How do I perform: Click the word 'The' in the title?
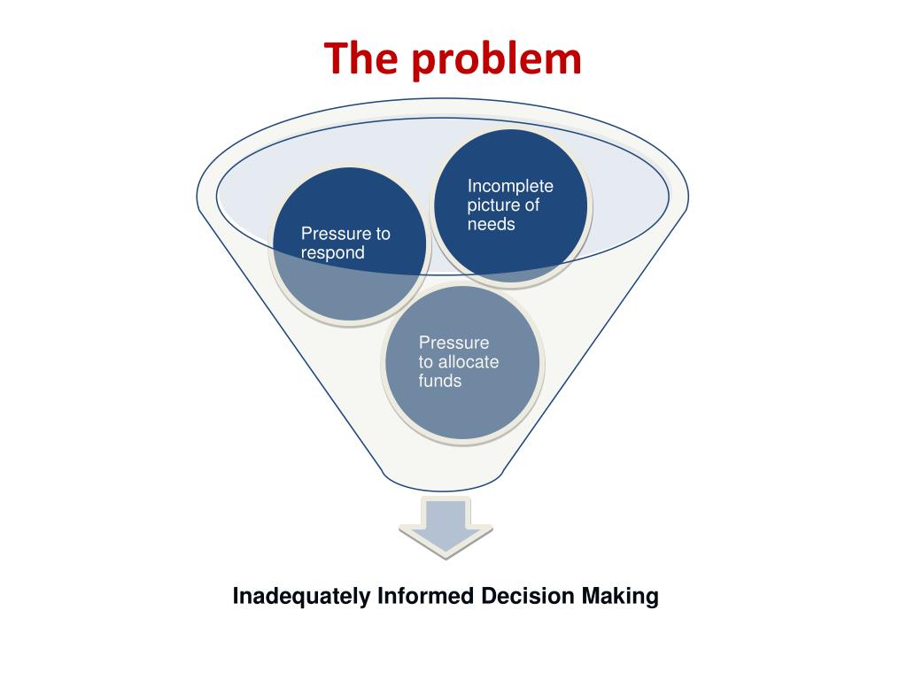pyautogui.click(x=360, y=58)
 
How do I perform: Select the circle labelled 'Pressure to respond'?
pyautogui.click(x=349, y=243)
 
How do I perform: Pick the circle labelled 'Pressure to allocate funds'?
pyautogui.click(x=462, y=362)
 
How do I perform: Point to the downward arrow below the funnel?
pyautogui.click(x=446, y=528)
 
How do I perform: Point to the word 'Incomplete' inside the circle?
pyautogui.click(x=510, y=186)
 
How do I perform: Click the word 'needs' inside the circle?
pyautogui.click(x=491, y=224)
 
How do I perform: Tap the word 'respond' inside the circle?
pyautogui.click(x=332, y=253)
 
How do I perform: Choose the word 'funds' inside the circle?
pyautogui.click(x=440, y=381)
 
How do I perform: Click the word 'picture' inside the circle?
pyautogui.click(x=492, y=205)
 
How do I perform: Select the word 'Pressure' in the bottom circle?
pyautogui.click(x=453, y=343)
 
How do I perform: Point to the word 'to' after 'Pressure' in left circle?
pyautogui.click(x=382, y=234)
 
